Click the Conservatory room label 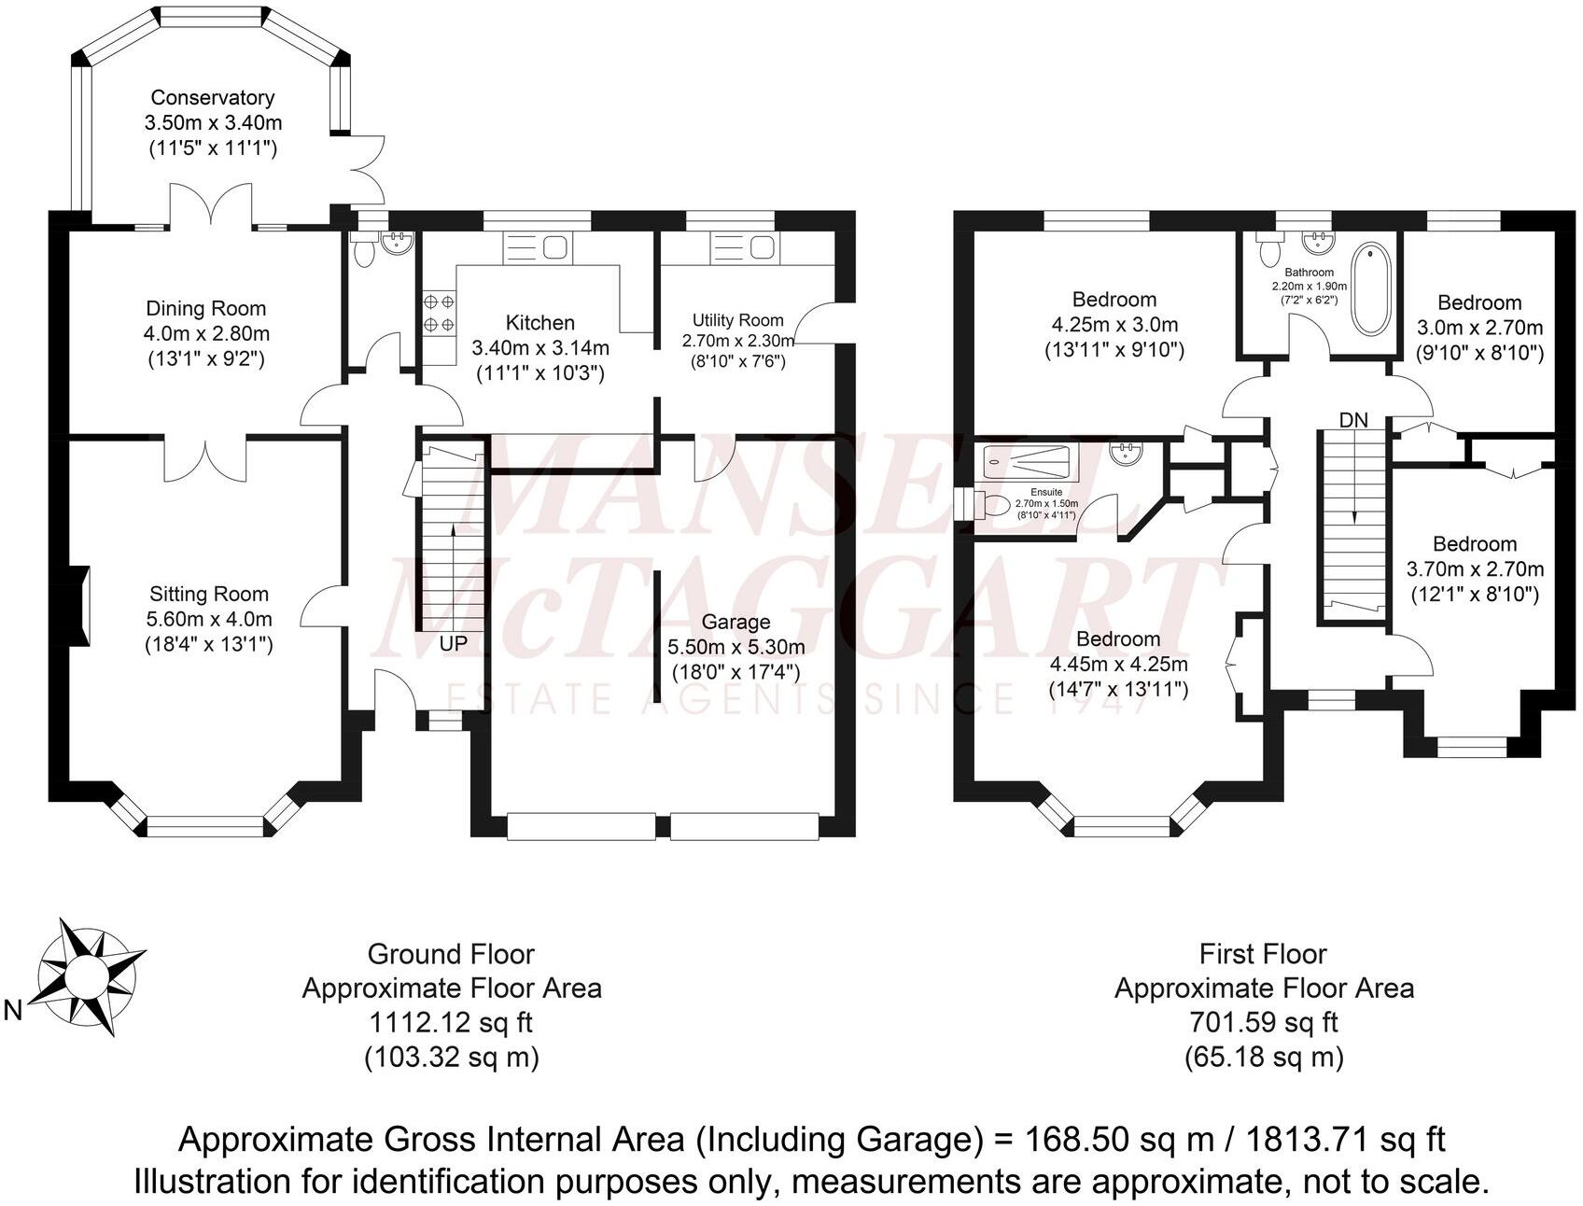(213, 98)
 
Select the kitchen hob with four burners (440, 313)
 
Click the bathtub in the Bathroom (1371, 288)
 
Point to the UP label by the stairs (454, 644)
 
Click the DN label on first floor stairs (1353, 421)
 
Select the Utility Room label (737, 320)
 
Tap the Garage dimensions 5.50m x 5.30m (735, 647)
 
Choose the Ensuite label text (1045, 493)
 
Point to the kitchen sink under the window (538, 248)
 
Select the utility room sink (743, 248)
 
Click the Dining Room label (205, 309)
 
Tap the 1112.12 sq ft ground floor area (451, 1022)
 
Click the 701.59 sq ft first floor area (1264, 1022)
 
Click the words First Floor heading (1263, 954)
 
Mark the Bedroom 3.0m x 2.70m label (1478, 302)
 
